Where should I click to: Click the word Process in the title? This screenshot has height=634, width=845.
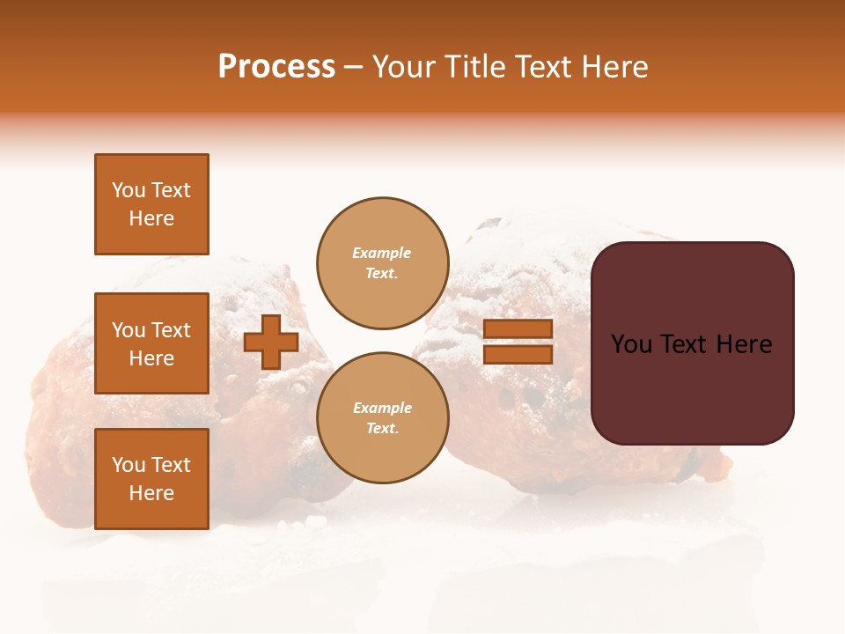point(276,67)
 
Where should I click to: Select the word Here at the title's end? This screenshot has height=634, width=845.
point(613,67)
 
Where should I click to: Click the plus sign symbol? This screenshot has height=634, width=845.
point(271,342)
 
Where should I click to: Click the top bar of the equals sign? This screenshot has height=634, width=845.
point(518,329)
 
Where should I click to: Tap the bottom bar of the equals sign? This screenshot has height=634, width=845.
point(518,354)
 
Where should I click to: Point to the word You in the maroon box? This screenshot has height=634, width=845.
point(631,344)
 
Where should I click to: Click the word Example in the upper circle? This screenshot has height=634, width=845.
point(382,253)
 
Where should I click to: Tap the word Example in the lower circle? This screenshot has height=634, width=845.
point(382,408)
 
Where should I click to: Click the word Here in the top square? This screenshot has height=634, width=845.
point(151,218)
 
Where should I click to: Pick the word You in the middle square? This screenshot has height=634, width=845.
point(129,330)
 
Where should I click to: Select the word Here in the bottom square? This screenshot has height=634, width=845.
point(151,493)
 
